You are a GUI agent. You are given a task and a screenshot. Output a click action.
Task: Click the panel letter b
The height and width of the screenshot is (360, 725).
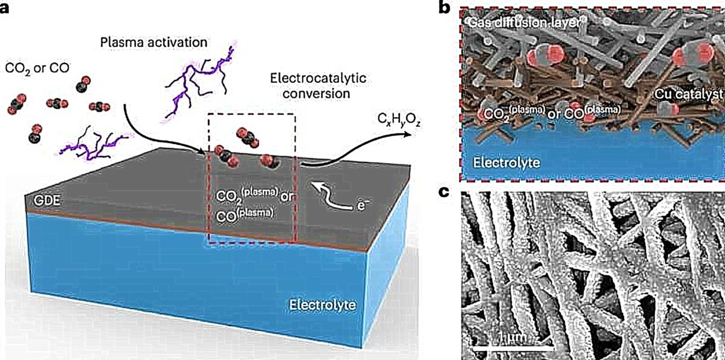[445, 8]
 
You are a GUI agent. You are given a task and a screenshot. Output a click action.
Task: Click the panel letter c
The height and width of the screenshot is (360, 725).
[444, 192]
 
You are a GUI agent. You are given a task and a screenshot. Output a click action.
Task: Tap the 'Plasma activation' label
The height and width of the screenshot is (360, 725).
[153, 42]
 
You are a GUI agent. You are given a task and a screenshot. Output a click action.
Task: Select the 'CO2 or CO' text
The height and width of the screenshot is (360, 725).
[37, 69]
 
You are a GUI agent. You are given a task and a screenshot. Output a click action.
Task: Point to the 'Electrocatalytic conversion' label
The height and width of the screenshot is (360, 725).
[318, 86]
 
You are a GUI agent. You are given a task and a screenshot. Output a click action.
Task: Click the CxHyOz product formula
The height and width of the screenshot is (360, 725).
[399, 121]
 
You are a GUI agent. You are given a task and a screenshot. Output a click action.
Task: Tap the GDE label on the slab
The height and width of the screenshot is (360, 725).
[47, 201]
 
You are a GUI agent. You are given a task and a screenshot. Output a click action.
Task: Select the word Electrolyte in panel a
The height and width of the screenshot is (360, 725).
[323, 305]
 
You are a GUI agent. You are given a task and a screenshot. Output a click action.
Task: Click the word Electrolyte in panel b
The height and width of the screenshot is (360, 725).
[506, 162]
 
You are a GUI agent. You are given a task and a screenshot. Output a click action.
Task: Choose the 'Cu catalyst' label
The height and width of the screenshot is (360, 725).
[688, 94]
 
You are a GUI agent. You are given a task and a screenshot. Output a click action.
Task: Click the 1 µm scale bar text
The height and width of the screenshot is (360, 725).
[512, 338]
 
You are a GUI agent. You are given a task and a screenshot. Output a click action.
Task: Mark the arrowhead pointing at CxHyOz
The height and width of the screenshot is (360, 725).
[407, 133]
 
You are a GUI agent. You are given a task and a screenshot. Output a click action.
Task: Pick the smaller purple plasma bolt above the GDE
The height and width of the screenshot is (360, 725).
[94, 144]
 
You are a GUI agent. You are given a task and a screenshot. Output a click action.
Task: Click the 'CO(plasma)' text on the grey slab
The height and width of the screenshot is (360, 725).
[245, 214]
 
